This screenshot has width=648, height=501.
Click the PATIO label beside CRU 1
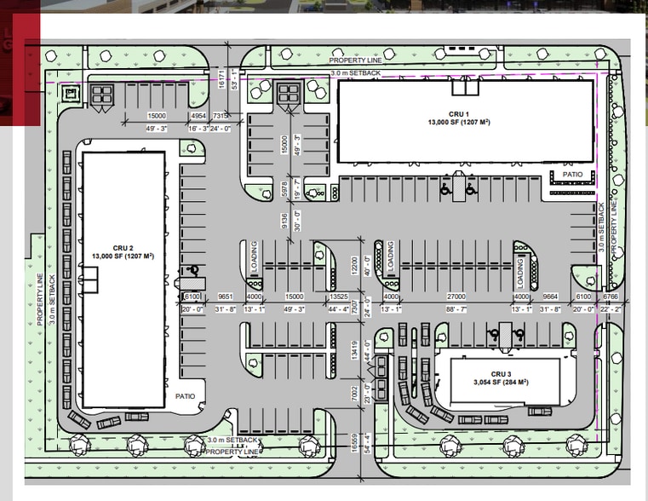[x=572, y=176]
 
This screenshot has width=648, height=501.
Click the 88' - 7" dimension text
[x=455, y=309]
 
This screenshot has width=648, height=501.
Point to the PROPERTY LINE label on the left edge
[x=39, y=300]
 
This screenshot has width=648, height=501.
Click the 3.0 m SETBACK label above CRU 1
[x=351, y=75]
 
